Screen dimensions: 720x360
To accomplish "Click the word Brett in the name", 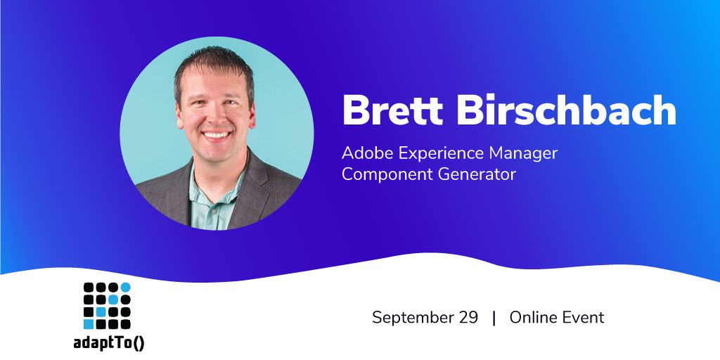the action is (392, 110).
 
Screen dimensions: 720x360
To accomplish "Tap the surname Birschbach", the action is (566, 110).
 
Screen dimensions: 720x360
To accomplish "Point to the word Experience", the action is (441, 155).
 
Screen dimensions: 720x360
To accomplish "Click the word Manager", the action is (523, 155).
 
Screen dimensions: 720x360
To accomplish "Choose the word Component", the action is (386, 175).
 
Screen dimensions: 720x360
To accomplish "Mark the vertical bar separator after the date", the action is (494, 318).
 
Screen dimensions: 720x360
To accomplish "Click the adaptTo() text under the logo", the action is (108, 342).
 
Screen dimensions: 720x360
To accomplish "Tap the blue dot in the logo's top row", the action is (125, 288).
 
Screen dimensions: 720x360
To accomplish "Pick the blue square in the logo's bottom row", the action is (89, 324).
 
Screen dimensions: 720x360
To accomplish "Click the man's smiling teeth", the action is (217, 135).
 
